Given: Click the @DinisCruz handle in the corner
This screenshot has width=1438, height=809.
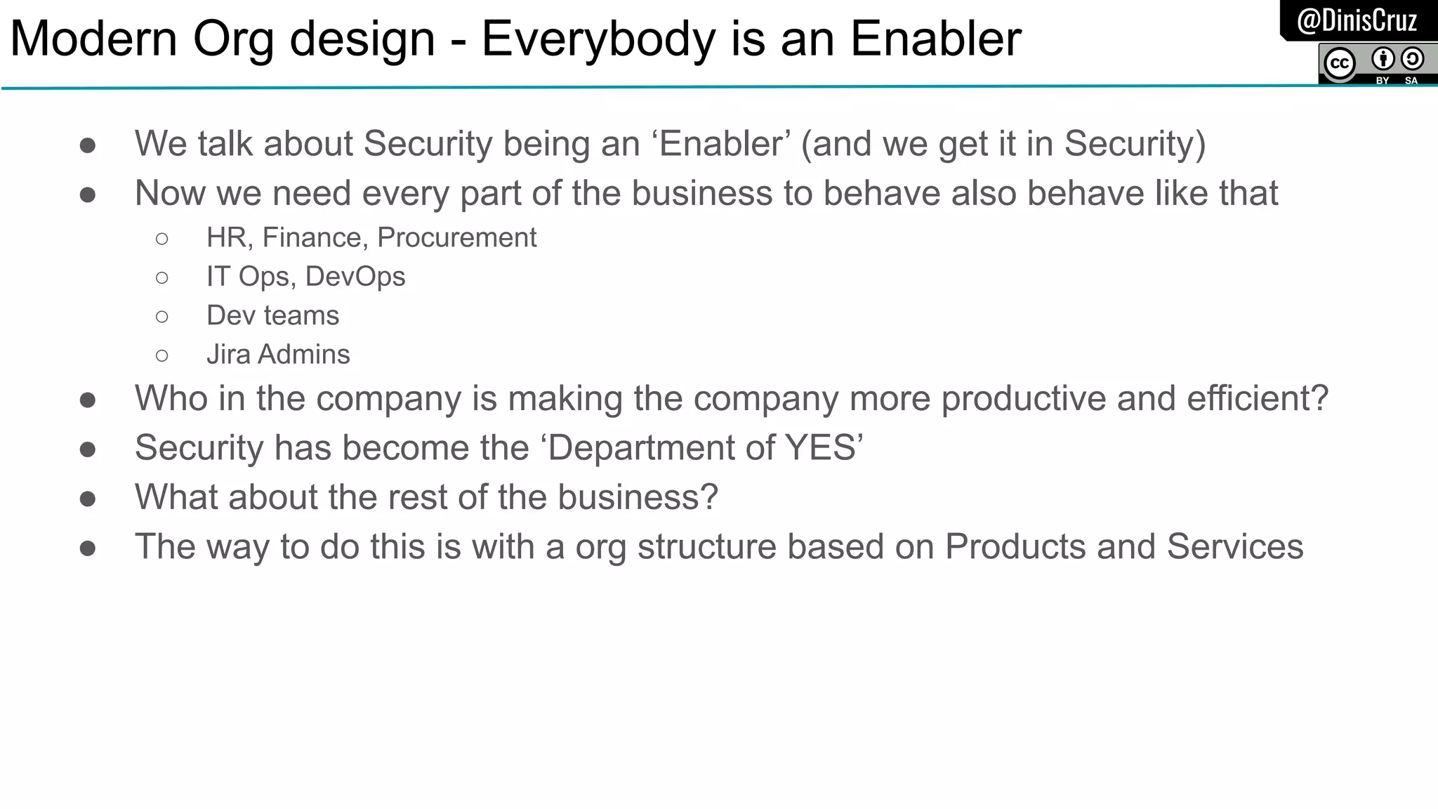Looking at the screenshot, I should [x=1357, y=20].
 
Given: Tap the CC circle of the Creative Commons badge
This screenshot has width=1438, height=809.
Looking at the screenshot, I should [x=1339, y=64].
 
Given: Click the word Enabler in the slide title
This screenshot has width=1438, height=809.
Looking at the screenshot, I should [x=936, y=39].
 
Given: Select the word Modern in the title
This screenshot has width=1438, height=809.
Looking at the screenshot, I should [x=93, y=39].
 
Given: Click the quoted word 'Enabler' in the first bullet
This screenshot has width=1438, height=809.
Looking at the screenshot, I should [x=721, y=144].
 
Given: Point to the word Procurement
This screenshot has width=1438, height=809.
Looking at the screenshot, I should [x=456, y=238].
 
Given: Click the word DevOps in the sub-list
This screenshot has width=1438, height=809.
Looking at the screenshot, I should [x=355, y=277].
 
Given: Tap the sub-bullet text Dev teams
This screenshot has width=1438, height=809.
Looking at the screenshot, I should [x=272, y=316].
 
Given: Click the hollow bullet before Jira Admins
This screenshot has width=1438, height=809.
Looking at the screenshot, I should [x=162, y=356].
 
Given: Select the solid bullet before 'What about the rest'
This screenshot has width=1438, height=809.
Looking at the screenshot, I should [x=88, y=499].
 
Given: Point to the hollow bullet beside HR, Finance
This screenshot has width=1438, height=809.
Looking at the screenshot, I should [x=162, y=239].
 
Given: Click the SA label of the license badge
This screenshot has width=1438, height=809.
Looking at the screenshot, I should [x=1411, y=81].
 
